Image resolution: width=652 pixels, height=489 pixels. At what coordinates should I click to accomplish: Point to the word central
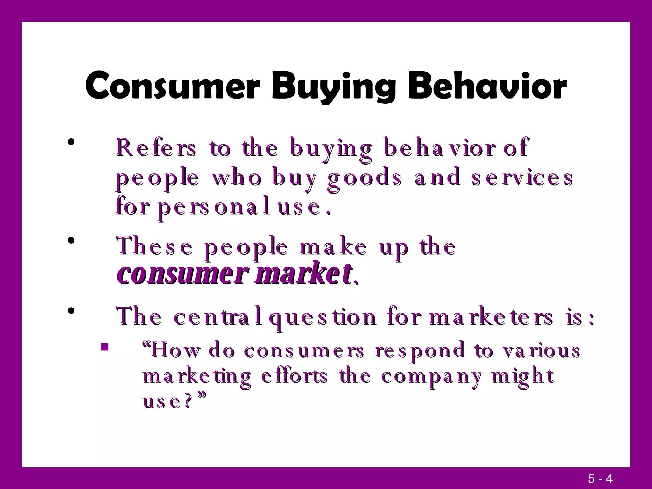point(218,318)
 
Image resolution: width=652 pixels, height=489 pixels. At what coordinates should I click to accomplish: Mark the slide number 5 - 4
point(600,478)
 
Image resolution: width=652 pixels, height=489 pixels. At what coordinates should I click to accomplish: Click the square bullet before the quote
point(104,346)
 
